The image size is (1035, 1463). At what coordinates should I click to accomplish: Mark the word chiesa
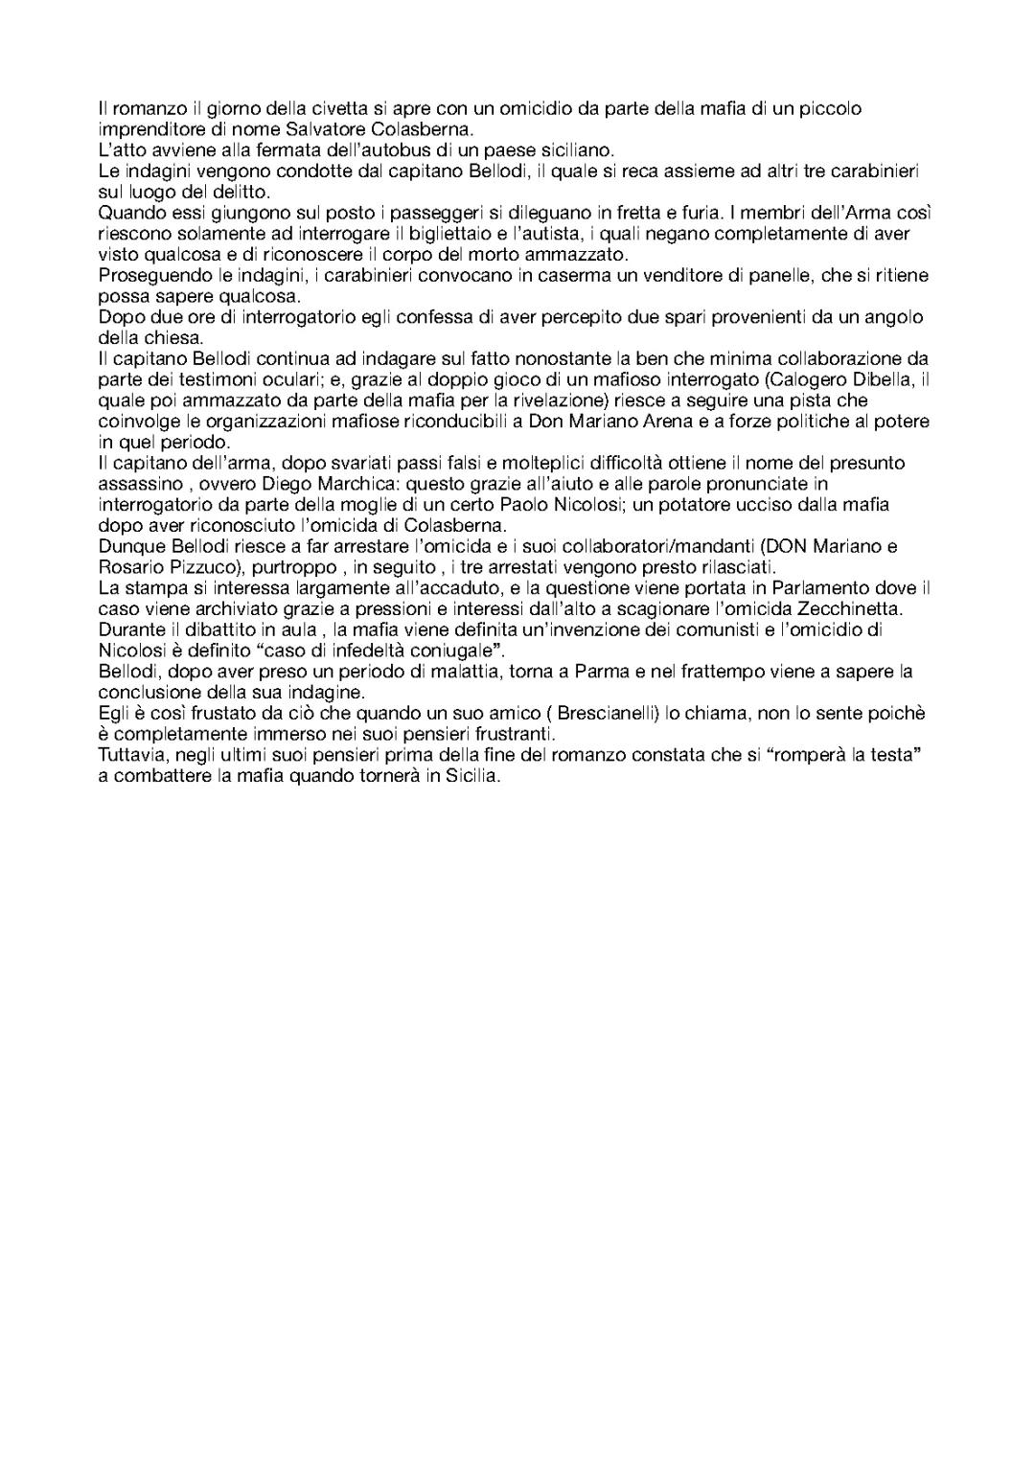(177, 338)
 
